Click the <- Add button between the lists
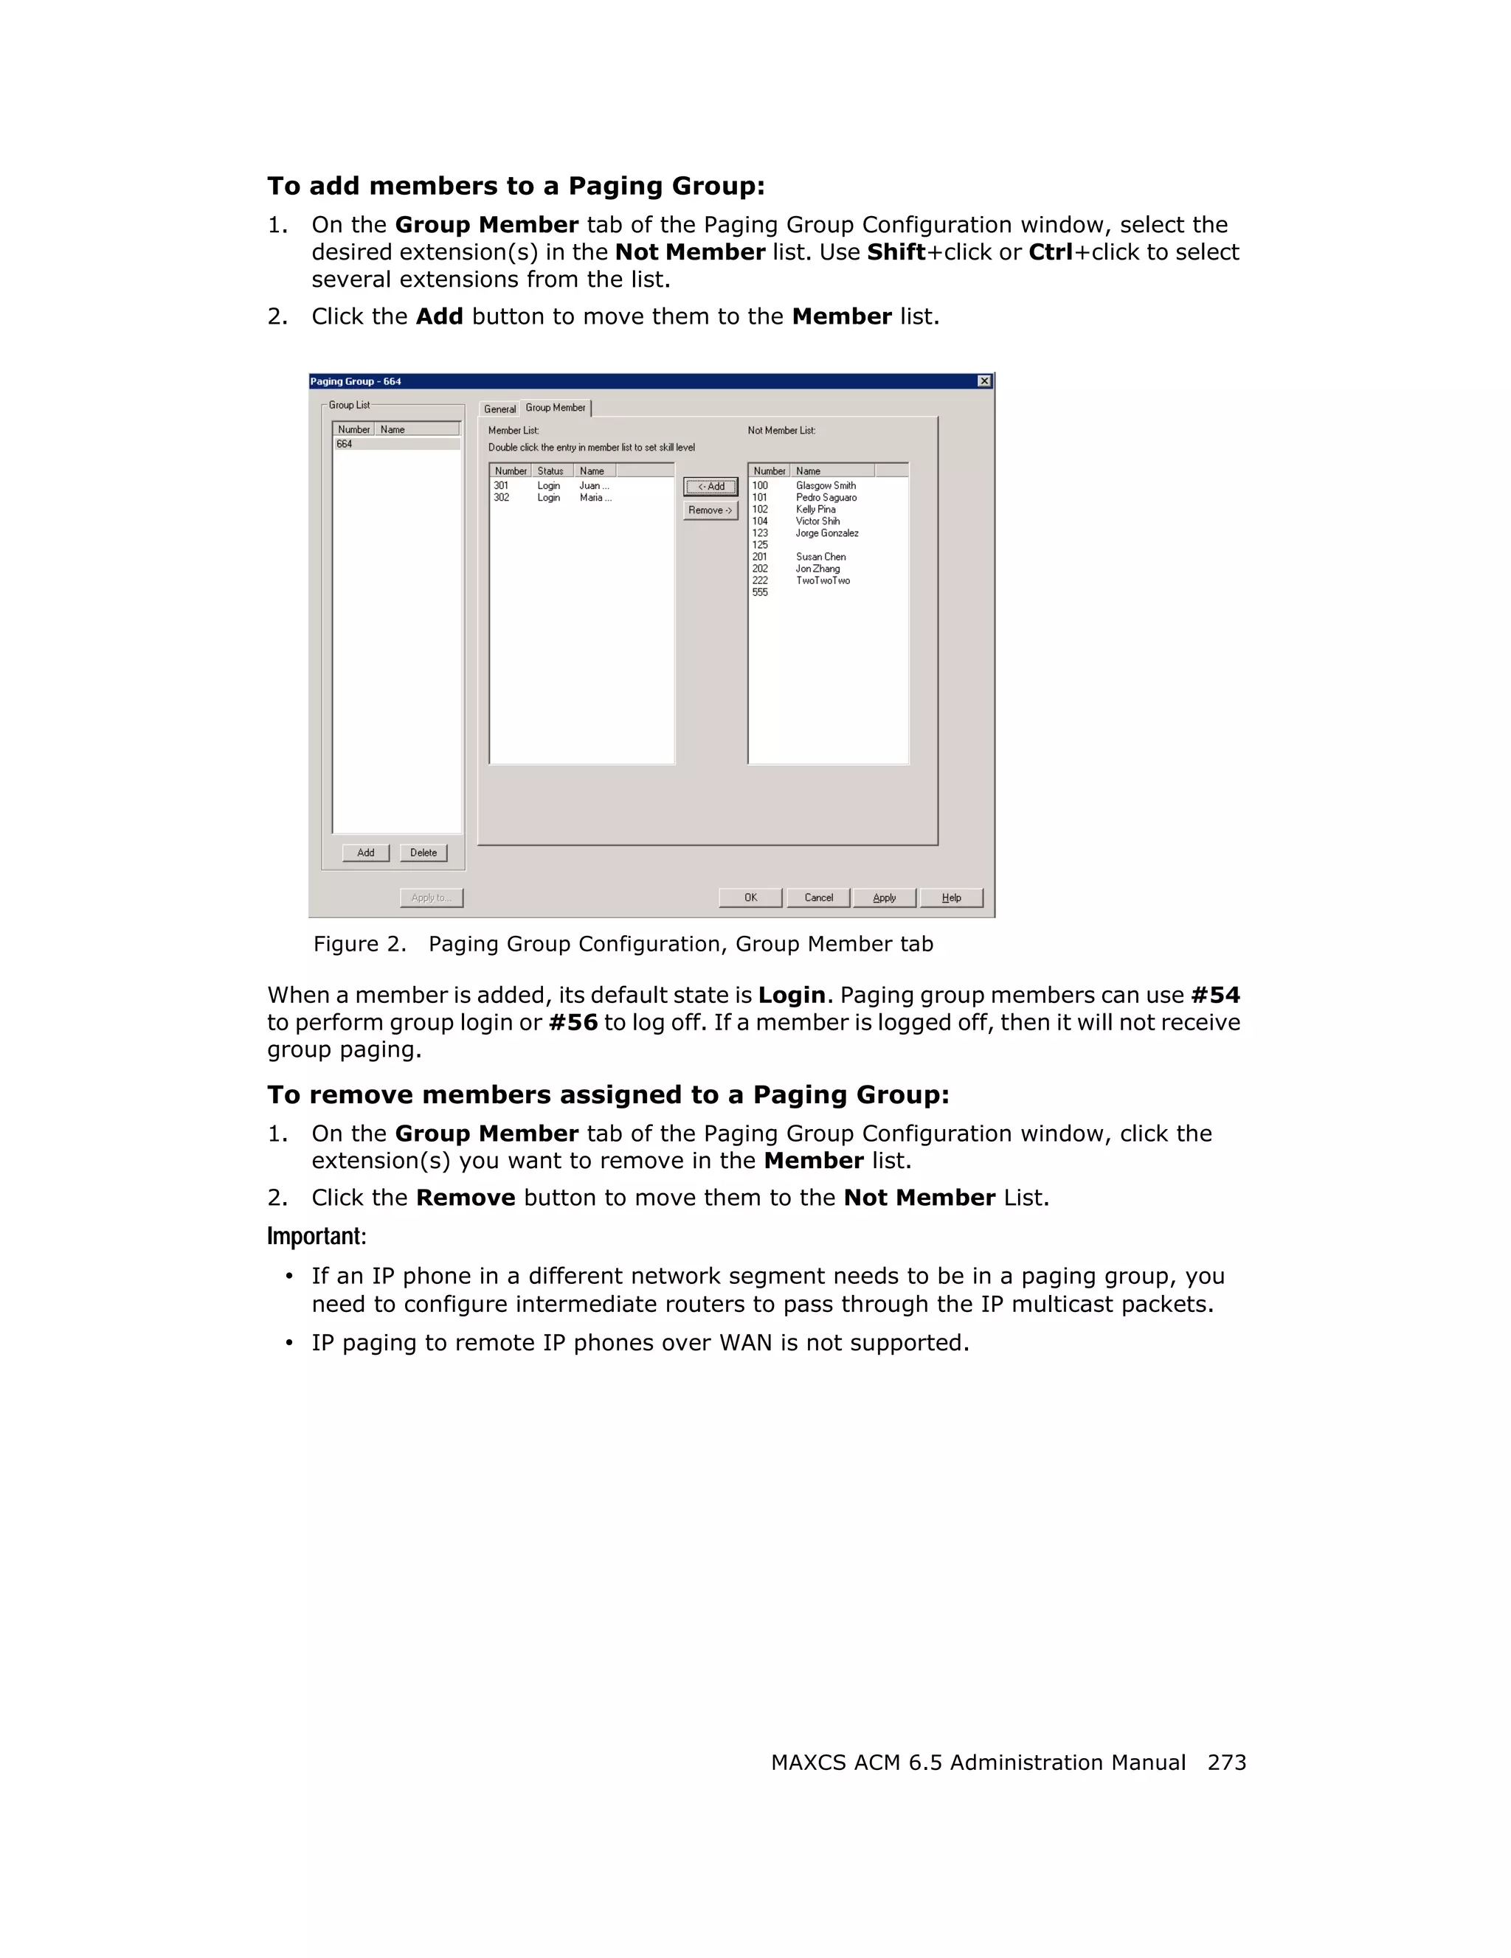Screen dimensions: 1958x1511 710,487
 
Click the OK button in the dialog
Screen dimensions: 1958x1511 750,898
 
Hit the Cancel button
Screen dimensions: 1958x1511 817,898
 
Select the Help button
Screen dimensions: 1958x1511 952,898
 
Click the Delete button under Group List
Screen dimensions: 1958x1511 423,853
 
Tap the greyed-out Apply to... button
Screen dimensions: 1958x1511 432,898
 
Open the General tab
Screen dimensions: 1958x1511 499,409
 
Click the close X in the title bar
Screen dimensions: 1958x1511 983,381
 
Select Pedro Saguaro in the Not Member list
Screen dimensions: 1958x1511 826,498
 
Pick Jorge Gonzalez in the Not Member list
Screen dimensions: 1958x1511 827,533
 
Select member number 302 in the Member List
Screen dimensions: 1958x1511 501,498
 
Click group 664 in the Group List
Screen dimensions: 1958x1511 345,445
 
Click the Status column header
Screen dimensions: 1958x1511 550,471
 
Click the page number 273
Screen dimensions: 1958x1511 1227,1763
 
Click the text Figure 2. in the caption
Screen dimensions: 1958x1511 359,944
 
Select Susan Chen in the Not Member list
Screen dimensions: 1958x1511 820,557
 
